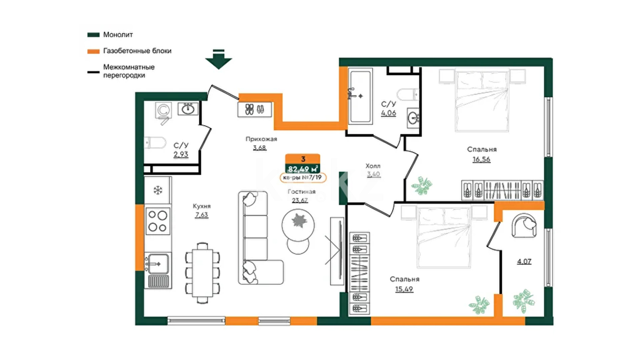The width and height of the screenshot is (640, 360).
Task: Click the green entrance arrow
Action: (219, 59)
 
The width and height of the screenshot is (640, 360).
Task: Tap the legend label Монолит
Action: (118, 35)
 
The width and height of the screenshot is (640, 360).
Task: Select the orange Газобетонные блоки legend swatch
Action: (93, 51)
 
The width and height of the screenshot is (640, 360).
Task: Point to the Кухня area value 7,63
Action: (202, 215)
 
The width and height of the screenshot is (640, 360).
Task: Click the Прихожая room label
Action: (261, 139)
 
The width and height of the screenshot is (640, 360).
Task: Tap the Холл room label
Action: (373, 166)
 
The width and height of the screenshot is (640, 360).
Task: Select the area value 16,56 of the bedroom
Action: (481, 159)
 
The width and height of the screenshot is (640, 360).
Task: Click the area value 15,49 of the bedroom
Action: (404, 289)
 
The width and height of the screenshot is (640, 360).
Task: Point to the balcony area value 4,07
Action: (524, 261)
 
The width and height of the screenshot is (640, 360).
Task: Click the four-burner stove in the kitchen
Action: (158, 221)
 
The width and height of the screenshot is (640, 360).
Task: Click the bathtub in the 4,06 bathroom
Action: (360, 96)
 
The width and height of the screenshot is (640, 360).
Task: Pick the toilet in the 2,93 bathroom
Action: (155, 143)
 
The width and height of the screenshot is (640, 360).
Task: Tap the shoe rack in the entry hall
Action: (255, 109)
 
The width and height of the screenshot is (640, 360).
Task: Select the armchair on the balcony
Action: (524, 225)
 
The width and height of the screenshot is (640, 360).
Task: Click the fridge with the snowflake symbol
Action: (158, 190)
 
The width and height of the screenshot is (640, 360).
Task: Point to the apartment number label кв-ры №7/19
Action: (303, 178)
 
